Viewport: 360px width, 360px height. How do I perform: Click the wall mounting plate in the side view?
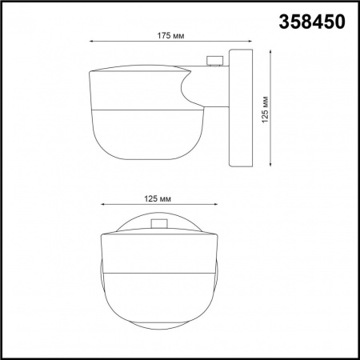pyautogui.click(x=241, y=108)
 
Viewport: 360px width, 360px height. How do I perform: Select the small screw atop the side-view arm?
pyautogui.click(x=214, y=60)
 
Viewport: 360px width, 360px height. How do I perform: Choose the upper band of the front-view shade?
pyautogui.click(x=158, y=252)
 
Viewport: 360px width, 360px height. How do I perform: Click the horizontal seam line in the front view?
pyautogui.click(x=158, y=272)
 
